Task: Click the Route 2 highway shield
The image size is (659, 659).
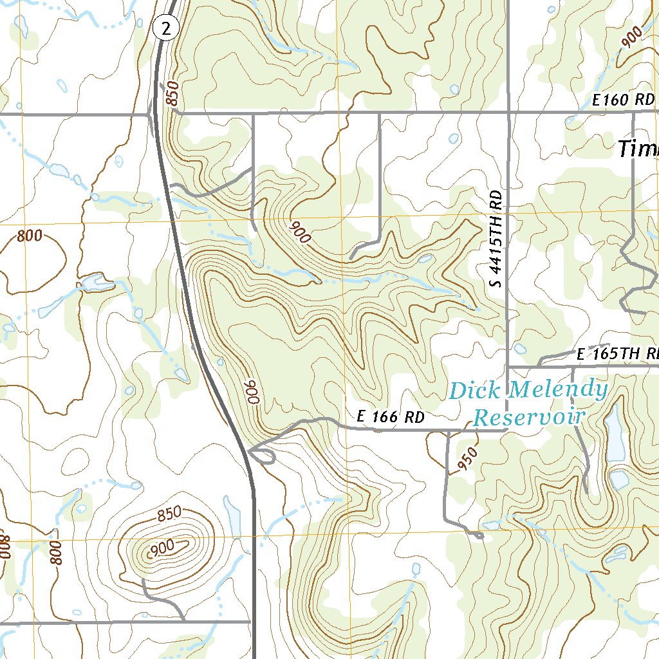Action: point(165,28)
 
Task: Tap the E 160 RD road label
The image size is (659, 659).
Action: point(623,100)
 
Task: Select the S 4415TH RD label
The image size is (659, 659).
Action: point(495,239)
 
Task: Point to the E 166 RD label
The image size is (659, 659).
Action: point(391,417)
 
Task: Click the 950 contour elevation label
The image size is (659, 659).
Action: point(469,459)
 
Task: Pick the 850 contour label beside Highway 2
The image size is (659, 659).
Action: point(171,94)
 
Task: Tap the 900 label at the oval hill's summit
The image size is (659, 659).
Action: point(162,548)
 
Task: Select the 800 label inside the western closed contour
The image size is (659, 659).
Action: point(30,236)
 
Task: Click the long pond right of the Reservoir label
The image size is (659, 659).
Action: point(615,433)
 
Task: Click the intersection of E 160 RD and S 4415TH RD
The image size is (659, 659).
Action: point(508,113)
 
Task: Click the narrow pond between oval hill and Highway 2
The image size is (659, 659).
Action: point(232,515)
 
